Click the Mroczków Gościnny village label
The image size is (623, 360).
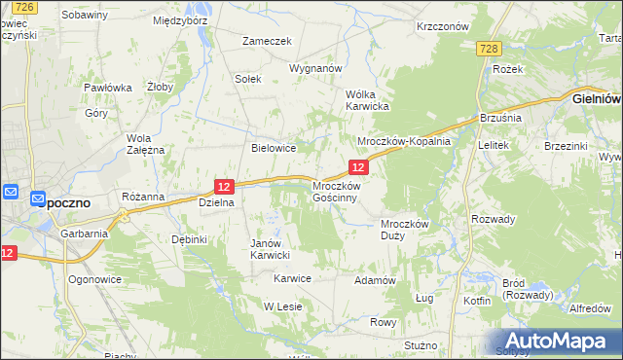pyautogui.click(x=337, y=191)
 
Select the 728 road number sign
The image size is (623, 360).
pyautogui.click(x=490, y=49)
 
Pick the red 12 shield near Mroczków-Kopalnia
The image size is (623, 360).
pyautogui.click(x=358, y=168)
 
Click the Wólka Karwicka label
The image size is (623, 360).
pyautogui.click(x=368, y=100)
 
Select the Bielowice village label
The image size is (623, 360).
pyautogui.click(x=274, y=148)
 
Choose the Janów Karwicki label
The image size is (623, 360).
pyautogui.click(x=271, y=249)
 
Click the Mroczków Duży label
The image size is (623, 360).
pyautogui.click(x=404, y=230)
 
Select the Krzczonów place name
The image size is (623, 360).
pyautogui.click(x=443, y=27)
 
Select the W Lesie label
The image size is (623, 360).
pyautogui.click(x=284, y=306)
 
